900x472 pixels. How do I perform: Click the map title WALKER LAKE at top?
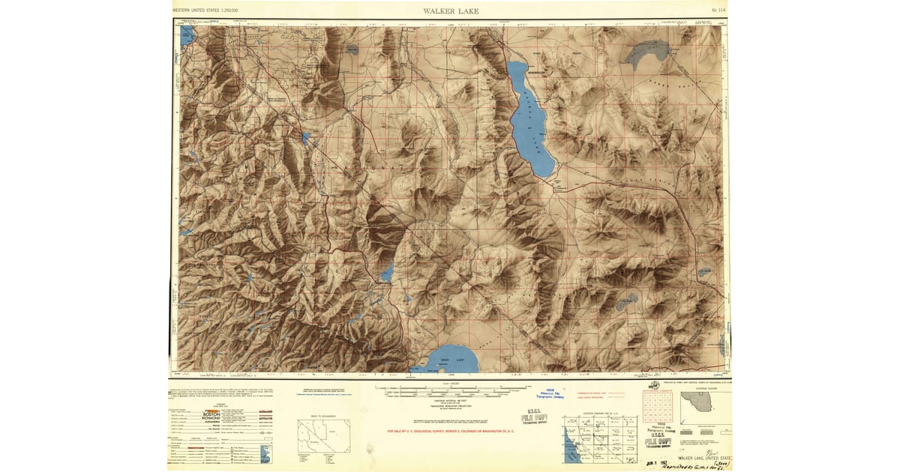point(450,11)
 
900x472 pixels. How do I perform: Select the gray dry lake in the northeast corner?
point(644,53)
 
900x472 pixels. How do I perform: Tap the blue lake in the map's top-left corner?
point(186,35)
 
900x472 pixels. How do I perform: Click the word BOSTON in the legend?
point(211,414)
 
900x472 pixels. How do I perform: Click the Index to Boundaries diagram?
point(324,435)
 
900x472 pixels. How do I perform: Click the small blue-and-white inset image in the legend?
point(265,453)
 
